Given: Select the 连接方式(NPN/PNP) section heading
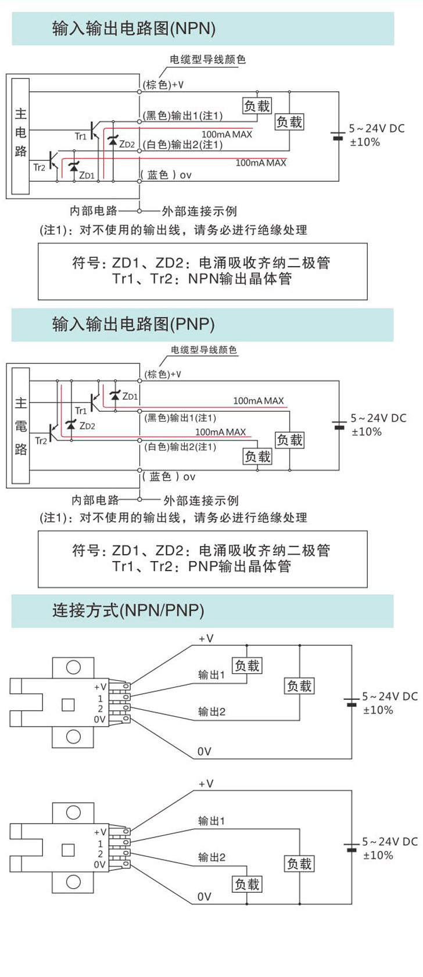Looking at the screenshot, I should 128,610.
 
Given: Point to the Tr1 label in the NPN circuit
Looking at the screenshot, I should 80,136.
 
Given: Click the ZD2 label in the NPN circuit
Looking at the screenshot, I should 127,144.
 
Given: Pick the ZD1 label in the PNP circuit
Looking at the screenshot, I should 130,397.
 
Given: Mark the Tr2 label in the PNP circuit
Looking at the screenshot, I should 41,441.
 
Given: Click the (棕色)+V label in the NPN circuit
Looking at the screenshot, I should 163,85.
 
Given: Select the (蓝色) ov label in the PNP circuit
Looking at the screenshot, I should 169,477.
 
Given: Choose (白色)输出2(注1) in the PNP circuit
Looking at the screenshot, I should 180,447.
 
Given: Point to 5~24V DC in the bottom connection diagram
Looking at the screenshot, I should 389,841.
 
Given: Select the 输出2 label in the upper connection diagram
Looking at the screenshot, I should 212,712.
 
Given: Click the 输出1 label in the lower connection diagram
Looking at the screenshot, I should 212,821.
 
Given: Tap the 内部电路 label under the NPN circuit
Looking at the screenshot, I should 94,211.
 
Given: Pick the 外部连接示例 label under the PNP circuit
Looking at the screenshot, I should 201,500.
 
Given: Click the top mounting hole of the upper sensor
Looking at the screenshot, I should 73,666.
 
